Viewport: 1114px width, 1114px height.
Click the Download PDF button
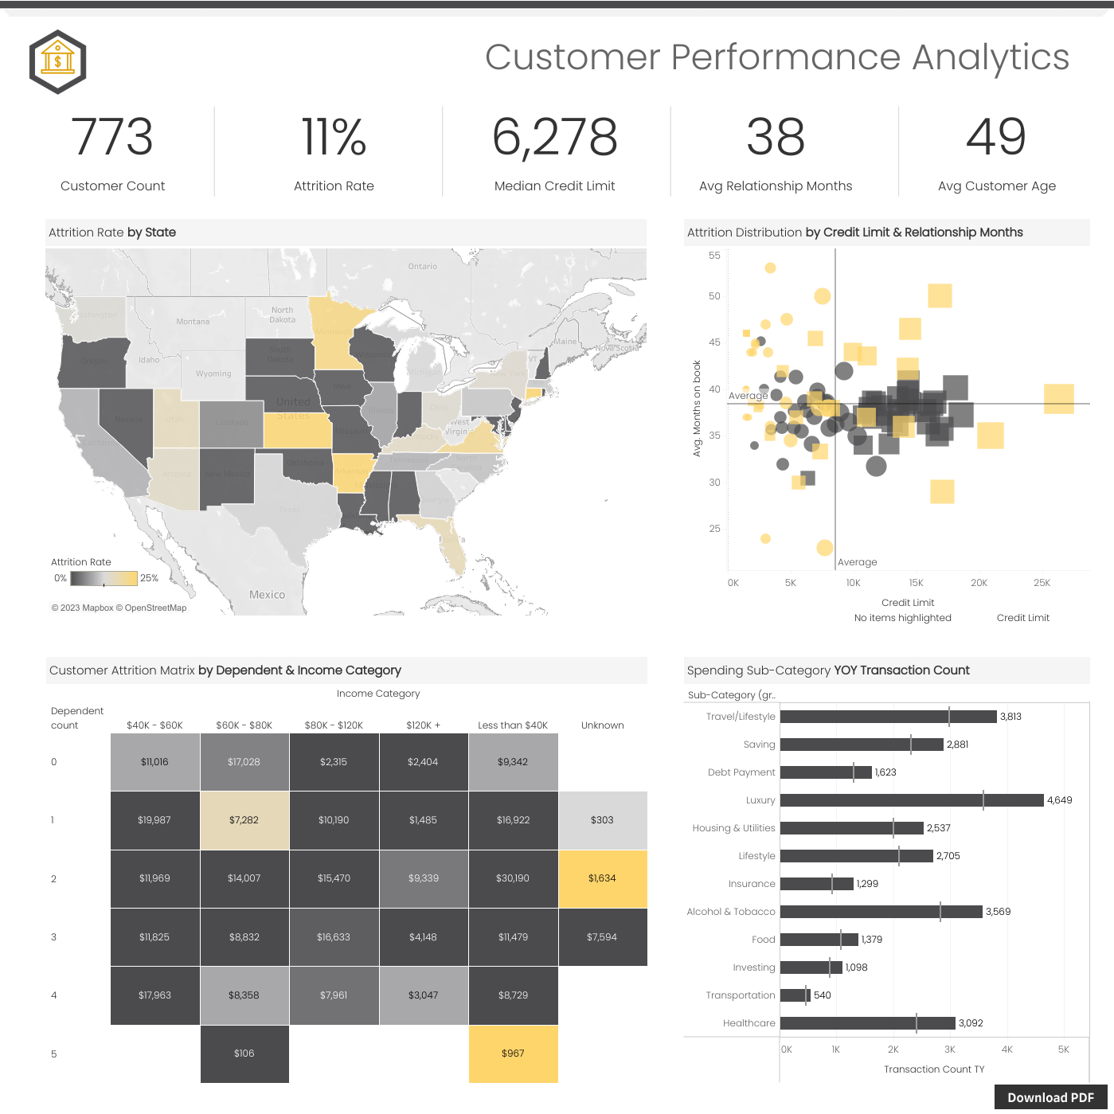(x=1050, y=1097)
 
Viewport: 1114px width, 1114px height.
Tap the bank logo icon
(x=57, y=61)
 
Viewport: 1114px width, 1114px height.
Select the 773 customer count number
(x=112, y=137)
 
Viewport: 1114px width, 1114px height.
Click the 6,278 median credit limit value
(x=554, y=137)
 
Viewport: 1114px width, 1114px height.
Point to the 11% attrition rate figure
(x=334, y=137)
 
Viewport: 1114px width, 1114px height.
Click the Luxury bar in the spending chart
(x=912, y=800)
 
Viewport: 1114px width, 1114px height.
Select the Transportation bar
(x=795, y=995)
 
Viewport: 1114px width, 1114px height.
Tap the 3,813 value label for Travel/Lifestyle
(x=1010, y=717)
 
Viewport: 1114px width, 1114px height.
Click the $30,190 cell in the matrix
(x=513, y=878)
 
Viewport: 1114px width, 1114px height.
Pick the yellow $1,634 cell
(x=602, y=878)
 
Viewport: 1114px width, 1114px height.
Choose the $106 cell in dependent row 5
(x=244, y=1053)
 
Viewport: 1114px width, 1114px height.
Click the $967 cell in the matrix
(x=513, y=1053)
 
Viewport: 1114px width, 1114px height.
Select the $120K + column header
(x=423, y=725)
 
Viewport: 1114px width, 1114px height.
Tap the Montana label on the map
(x=193, y=322)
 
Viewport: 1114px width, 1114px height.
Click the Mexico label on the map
(x=267, y=595)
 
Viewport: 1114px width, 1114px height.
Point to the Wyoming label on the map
(x=213, y=373)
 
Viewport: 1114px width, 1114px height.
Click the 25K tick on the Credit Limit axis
(x=1042, y=583)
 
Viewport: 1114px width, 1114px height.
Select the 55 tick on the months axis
(x=714, y=256)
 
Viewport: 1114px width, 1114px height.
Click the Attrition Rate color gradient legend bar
(x=103, y=578)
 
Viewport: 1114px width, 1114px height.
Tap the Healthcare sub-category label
(x=749, y=1023)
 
